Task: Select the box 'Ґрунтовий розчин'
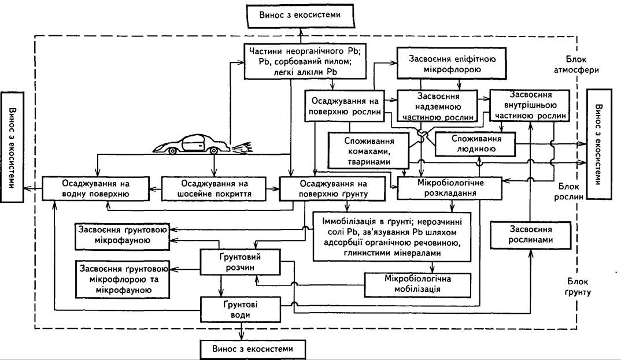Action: click(x=240, y=262)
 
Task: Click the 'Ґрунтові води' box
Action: click(x=240, y=310)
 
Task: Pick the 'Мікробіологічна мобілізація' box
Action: click(x=417, y=284)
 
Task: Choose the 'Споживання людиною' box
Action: click(x=475, y=144)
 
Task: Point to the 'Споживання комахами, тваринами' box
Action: click(x=368, y=151)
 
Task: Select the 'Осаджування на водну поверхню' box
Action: click(x=96, y=189)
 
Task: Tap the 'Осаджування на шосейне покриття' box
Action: click(x=215, y=189)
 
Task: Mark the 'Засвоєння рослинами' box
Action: click(x=530, y=235)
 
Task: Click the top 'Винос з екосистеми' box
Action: click(x=300, y=16)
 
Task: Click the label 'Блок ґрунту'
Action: click(x=577, y=287)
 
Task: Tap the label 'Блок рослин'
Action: click(x=569, y=191)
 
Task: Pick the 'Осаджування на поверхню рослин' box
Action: click(x=345, y=106)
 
